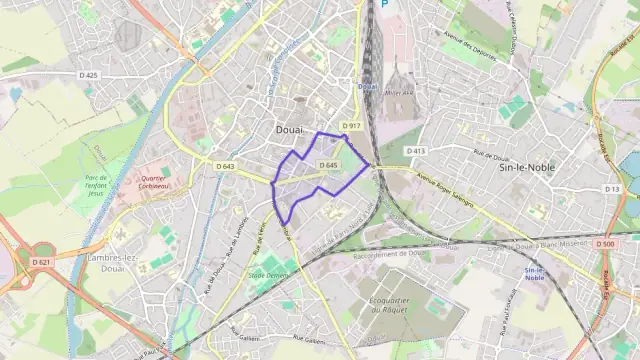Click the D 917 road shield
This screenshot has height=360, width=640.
(350, 125)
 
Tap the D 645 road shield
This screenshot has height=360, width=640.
(329, 165)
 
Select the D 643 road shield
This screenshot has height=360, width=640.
(225, 166)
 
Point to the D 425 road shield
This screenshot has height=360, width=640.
(90, 75)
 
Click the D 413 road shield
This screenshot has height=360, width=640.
(416, 151)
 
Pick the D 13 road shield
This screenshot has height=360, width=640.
(613, 189)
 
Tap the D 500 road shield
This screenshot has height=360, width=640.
(604, 244)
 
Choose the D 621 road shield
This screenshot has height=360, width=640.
(40, 262)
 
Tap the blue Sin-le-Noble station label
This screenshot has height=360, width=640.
(535, 274)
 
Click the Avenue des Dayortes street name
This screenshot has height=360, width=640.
(469, 46)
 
